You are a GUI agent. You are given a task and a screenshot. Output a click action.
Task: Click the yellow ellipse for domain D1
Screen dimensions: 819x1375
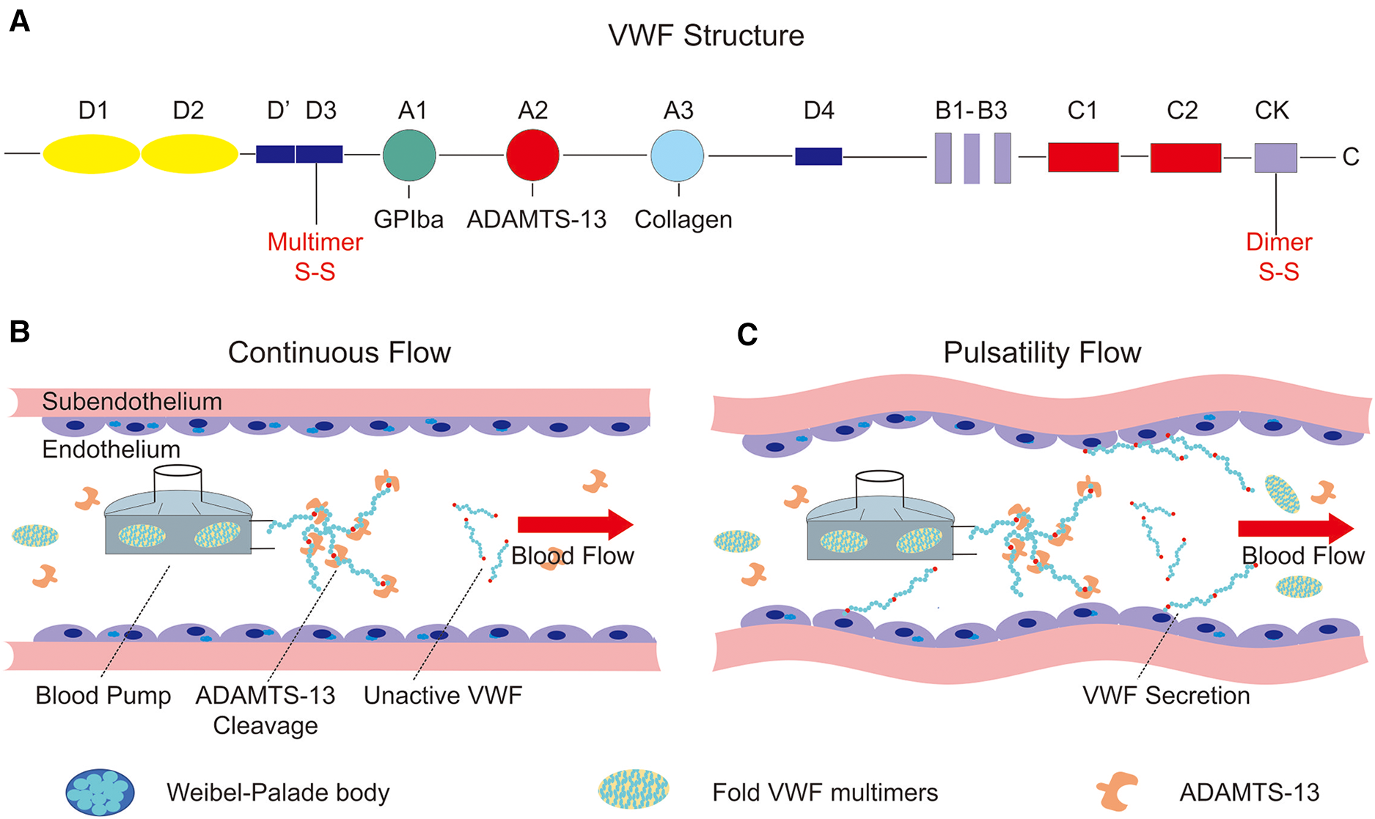(x=91, y=154)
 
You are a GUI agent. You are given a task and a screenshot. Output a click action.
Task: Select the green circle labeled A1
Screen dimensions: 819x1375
(x=409, y=155)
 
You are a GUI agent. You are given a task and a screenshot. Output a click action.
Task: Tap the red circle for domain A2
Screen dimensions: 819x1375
(x=532, y=155)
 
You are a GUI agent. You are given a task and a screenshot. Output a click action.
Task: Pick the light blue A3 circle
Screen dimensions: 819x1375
(x=677, y=155)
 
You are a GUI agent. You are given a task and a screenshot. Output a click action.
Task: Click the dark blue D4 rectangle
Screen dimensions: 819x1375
(x=818, y=156)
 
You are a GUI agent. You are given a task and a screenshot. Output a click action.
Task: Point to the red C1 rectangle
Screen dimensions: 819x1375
(x=1083, y=157)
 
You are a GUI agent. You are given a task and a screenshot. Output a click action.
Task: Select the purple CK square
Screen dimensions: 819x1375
(x=1275, y=158)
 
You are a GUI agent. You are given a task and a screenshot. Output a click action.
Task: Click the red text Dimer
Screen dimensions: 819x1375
(x=1279, y=242)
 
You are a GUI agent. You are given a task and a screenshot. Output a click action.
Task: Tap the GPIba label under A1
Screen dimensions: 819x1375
(x=408, y=219)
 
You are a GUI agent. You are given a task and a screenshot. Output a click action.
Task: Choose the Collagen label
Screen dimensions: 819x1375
(x=683, y=219)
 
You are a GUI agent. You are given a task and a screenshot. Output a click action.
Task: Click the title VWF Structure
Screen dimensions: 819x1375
(x=705, y=35)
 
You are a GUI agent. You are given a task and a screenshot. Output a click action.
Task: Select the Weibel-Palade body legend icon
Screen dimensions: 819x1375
(x=100, y=793)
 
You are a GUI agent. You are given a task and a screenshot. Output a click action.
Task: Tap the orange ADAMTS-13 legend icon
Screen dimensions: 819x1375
(x=1117, y=793)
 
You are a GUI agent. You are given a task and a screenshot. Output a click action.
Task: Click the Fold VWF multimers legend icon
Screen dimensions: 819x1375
(x=634, y=790)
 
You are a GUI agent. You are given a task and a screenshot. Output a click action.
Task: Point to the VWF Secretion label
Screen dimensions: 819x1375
(x=1166, y=695)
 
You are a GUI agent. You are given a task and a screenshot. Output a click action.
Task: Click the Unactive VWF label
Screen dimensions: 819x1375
(x=443, y=695)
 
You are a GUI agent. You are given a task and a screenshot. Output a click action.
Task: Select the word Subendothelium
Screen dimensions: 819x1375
(x=132, y=401)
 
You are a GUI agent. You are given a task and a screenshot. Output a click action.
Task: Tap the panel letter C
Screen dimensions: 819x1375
(x=747, y=334)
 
